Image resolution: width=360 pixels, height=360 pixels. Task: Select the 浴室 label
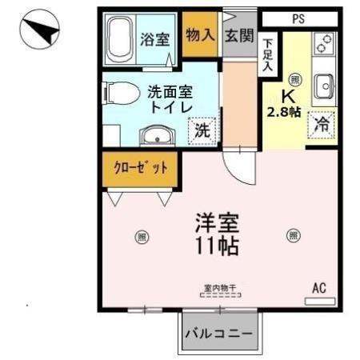click(x=156, y=39)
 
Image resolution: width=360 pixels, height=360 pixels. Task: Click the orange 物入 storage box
click(x=200, y=35)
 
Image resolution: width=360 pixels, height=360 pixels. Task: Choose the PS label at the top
click(x=298, y=18)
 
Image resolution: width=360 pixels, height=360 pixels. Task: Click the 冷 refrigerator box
click(x=321, y=124)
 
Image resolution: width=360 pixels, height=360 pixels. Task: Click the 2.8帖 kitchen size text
click(x=283, y=112)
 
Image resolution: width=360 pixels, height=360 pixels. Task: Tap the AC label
click(x=319, y=287)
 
